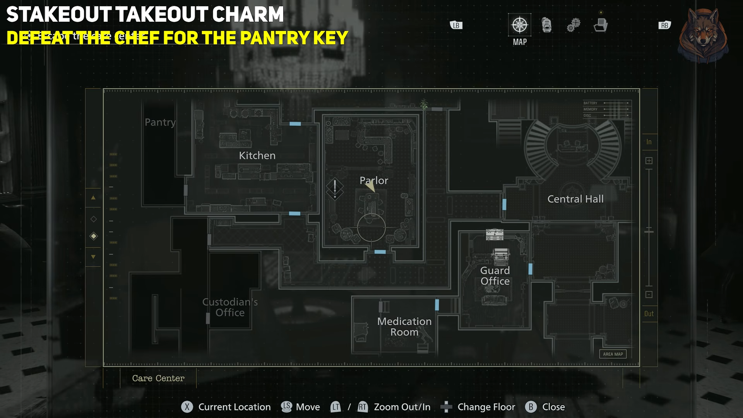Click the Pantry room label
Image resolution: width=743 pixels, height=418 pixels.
160,122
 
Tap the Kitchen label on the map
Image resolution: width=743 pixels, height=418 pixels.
257,156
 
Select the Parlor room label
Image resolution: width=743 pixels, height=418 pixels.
374,180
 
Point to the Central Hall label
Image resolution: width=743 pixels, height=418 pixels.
575,199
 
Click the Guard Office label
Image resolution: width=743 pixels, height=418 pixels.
495,276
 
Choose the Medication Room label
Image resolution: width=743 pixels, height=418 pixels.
404,327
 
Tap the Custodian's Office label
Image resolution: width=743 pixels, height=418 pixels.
230,307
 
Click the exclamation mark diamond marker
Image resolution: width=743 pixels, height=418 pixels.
335,188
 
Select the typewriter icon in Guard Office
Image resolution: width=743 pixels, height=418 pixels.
501,256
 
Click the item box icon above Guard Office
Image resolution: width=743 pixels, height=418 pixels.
495,234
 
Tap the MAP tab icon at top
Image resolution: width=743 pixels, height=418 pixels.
519,26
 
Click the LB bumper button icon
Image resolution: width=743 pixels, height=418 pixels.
456,26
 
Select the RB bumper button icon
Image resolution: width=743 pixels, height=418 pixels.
664,26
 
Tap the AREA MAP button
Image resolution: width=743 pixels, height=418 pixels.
613,354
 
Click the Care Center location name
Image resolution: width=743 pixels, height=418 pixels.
158,378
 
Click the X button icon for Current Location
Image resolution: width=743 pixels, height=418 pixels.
187,407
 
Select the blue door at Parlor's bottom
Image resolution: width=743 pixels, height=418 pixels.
380,252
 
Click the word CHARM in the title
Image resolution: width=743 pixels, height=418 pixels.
248,15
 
